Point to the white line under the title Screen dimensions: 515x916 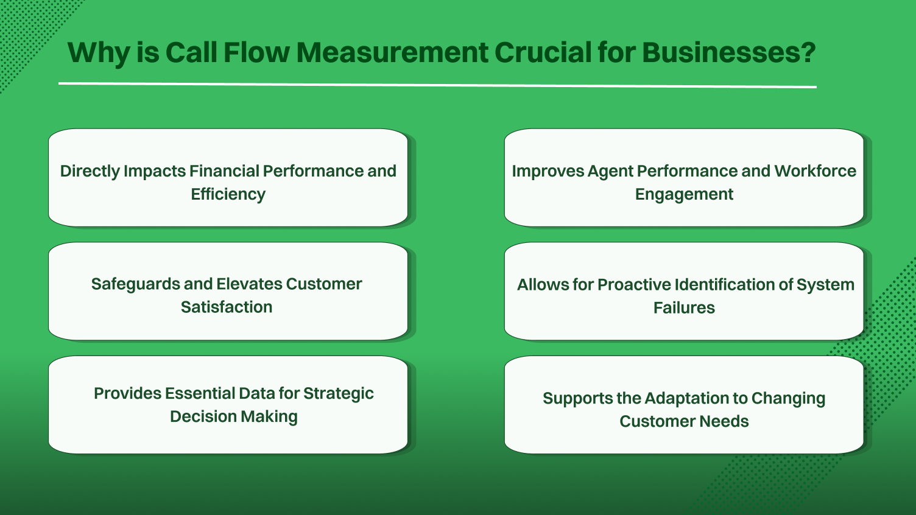coord(437,85)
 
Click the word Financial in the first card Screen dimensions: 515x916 coord(224,171)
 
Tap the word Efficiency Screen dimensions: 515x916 coord(228,194)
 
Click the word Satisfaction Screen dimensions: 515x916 coord(227,307)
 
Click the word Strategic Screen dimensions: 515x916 coord(338,393)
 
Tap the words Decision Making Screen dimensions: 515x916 coord(234,416)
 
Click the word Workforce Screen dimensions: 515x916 coord(815,171)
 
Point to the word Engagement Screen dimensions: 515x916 coord(684,194)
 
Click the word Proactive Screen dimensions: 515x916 coord(633,284)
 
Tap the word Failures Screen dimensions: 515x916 coord(684,307)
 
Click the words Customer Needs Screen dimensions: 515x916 coord(684,421)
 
